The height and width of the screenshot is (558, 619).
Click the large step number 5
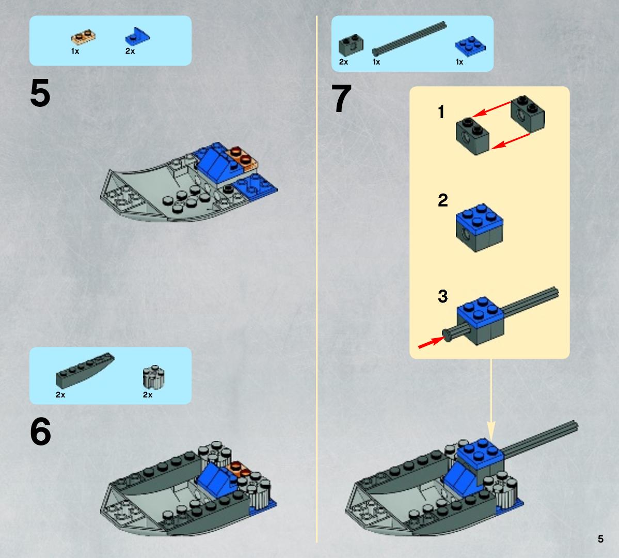point(40,93)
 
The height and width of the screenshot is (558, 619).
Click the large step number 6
point(40,432)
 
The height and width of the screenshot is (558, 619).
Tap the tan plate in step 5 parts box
point(83,38)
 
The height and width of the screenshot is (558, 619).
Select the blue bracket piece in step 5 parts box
point(137,36)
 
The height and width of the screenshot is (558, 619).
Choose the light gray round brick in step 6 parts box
point(153,377)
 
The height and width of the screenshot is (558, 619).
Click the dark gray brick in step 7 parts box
point(351,45)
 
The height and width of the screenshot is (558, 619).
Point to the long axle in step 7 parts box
point(409,39)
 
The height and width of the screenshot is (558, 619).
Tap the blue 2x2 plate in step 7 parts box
point(470,46)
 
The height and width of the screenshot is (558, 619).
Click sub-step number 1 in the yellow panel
point(441,111)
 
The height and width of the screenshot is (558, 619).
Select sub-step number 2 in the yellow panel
point(443,200)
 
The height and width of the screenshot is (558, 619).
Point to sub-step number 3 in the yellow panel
point(443,296)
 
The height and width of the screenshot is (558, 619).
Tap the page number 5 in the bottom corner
point(600,539)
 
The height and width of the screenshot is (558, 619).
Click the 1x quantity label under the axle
point(376,62)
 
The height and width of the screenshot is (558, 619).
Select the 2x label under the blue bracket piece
point(130,51)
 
